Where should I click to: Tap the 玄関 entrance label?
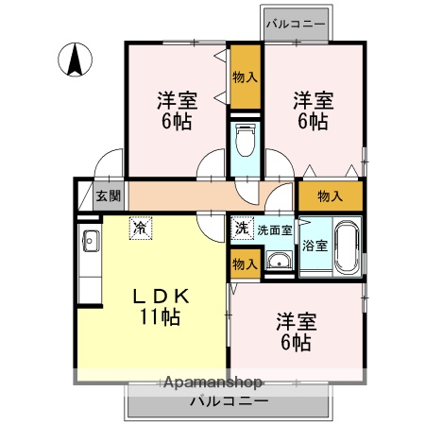(x=108, y=196)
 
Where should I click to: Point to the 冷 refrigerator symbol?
(x=140, y=228)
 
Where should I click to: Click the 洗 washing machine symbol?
(x=241, y=229)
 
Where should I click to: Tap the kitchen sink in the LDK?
(x=91, y=242)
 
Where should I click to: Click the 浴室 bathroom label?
(x=315, y=246)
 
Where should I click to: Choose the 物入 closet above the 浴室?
(x=330, y=196)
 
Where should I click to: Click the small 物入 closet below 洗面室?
(x=244, y=263)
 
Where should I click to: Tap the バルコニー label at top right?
(x=296, y=23)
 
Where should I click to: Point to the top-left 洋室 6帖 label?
(x=177, y=110)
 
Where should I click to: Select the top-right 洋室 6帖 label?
(x=313, y=110)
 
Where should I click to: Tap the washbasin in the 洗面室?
(x=279, y=262)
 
